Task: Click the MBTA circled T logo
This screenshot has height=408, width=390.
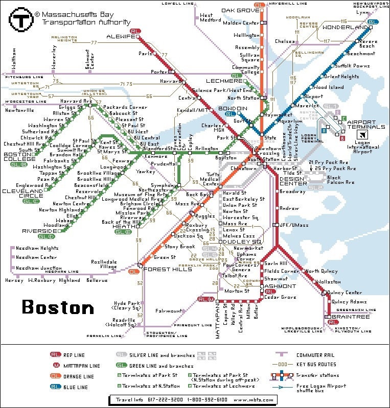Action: click(19, 20)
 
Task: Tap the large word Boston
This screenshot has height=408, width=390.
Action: click(58, 307)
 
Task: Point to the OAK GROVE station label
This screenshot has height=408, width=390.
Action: click(240, 11)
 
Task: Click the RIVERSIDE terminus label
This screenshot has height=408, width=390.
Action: click(39, 231)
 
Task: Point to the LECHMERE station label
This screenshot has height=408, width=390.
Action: click(224, 81)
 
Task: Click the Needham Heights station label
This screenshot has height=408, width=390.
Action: click(37, 248)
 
